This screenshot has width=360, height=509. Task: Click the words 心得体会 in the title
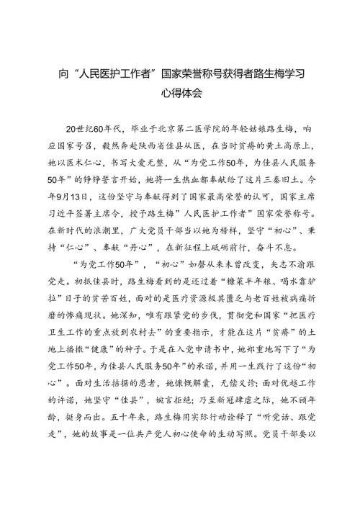pyautogui.click(x=179, y=93)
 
